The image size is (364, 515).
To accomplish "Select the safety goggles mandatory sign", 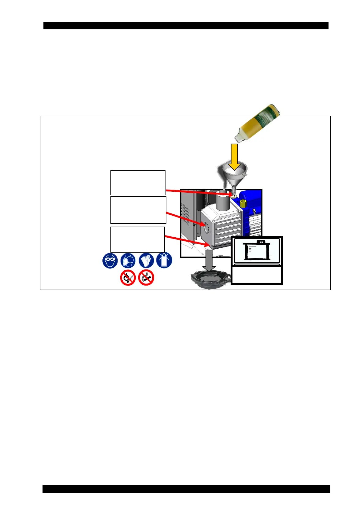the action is (110, 261).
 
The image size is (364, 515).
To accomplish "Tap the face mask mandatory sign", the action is (128, 261).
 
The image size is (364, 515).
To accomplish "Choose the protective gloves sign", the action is (146, 261).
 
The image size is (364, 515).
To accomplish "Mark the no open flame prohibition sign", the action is (128, 278).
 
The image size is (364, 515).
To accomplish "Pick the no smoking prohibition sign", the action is (146, 278).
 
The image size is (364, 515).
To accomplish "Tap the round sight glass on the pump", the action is (205, 228).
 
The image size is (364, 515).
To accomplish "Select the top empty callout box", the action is (138, 183).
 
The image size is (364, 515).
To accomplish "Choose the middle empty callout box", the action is (138, 210).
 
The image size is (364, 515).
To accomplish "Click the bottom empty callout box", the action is (138, 239).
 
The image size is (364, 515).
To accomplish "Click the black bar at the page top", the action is (186, 26).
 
